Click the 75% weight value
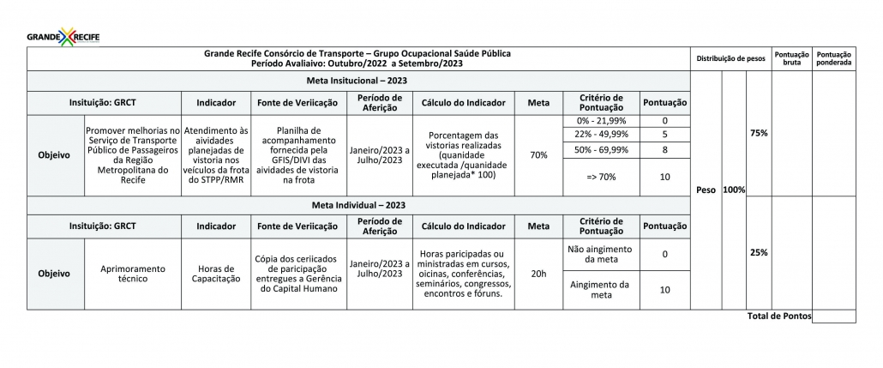click(x=759, y=133)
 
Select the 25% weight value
click(x=759, y=253)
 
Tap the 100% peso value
click(x=734, y=189)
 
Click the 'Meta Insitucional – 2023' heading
click(x=357, y=80)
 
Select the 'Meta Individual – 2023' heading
click(x=357, y=206)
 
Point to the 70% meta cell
click(x=539, y=155)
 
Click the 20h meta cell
click(x=539, y=274)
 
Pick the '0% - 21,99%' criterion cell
click(x=601, y=122)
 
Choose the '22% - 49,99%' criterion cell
click(x=601, y=135)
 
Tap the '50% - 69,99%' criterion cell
click(x=601, y=150)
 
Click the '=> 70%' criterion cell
click(x=601, y=177)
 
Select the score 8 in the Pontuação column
click(x=664, y=150)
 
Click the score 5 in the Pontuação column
click(x=664, y=135)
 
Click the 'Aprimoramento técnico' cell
click(x=133, y=274)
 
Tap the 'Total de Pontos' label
click(x=778, y=317)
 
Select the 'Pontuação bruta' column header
click(x=791, y=58)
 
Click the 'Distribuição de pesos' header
click(x=731, y=58)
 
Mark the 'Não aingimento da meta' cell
click(x=601, y=254)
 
